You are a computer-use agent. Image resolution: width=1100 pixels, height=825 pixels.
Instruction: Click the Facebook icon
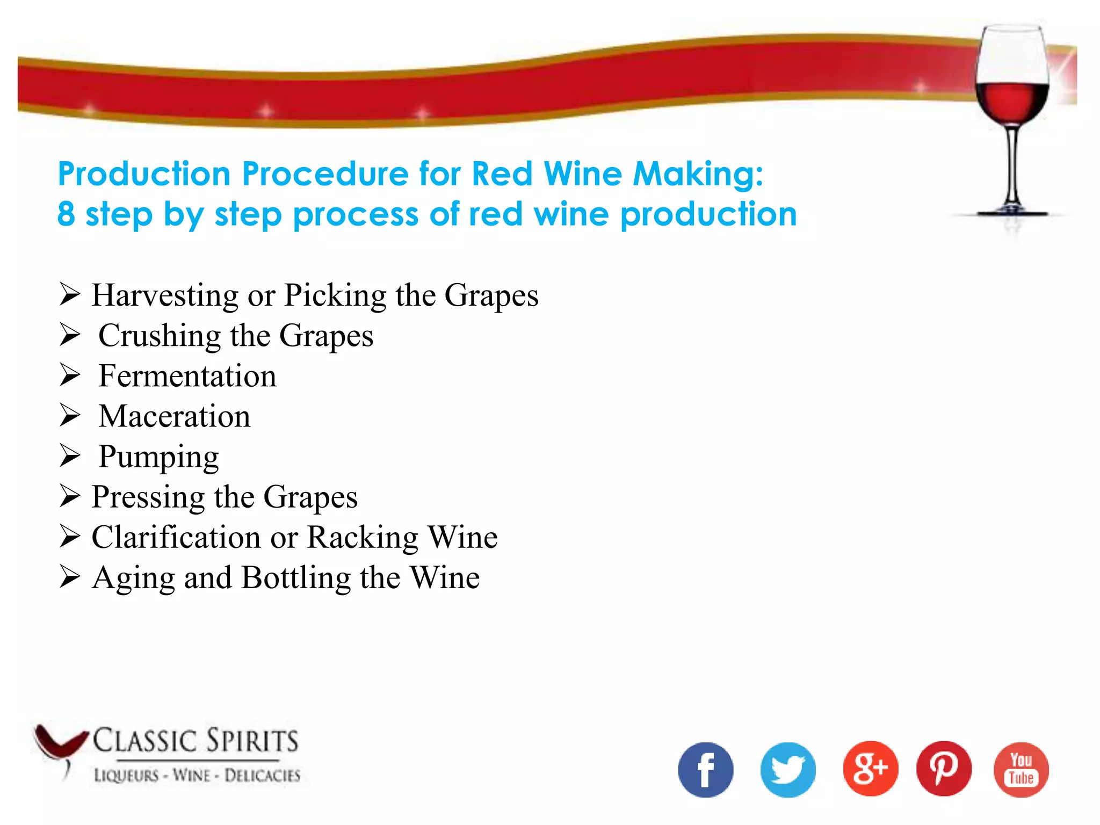point(705,770)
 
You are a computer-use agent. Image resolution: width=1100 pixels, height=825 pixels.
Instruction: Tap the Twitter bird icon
point(788,770)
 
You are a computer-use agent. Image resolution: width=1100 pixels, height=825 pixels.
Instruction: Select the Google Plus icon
point(870,769)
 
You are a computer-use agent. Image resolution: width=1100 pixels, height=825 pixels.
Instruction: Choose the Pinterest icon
point(944,769)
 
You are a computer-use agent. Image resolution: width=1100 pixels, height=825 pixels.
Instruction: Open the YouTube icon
point(1021,770)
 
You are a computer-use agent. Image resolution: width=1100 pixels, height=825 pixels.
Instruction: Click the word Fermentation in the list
point(187,375)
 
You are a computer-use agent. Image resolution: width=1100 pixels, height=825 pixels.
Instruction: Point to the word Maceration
point(175,416)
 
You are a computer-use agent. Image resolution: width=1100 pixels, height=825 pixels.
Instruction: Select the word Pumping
point(159,457)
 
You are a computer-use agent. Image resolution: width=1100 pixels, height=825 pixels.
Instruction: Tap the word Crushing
point(160,336)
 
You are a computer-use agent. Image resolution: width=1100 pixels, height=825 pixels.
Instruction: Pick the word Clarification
point(176,537)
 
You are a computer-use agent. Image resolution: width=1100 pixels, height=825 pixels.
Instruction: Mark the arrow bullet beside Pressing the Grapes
point(70,496)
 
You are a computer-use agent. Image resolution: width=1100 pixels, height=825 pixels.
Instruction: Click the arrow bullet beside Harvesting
point(70,294)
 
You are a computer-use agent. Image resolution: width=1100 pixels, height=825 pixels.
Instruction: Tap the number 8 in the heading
point(66,214)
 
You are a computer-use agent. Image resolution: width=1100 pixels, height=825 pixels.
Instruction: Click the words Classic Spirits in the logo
point(196,741)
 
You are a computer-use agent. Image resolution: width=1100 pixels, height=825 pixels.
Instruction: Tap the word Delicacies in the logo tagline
point(262,776)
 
